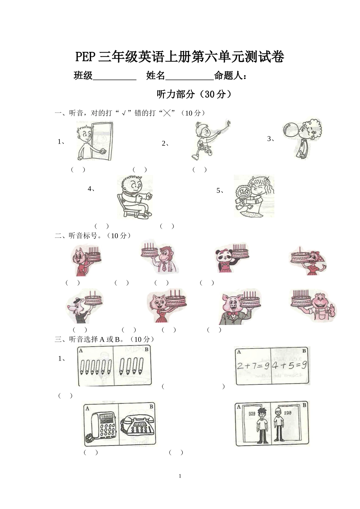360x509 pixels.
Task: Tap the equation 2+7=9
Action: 253,366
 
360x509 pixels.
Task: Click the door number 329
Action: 252,414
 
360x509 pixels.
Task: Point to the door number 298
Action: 288,413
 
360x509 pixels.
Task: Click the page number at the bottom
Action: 180,476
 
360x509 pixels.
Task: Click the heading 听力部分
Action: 176,94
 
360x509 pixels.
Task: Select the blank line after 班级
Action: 114,77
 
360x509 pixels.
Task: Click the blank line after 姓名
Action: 189,77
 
